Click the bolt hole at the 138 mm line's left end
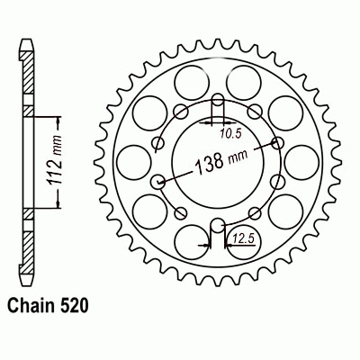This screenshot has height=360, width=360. click(159, 181)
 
